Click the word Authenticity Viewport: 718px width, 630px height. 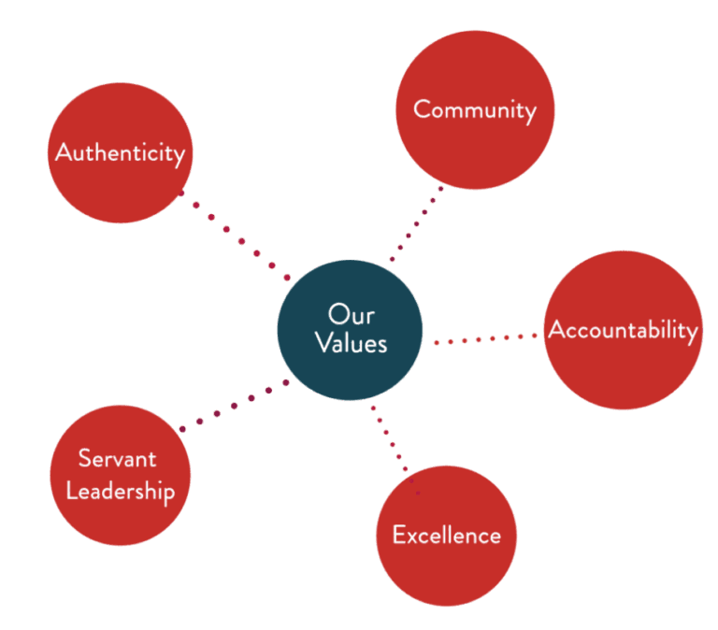[120, 152]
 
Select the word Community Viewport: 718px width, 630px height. [475, 109]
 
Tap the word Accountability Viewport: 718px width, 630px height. [623, 330]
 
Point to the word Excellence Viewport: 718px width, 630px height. [446, 535]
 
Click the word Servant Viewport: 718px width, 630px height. [117, 458]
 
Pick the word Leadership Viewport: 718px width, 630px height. [120, 491]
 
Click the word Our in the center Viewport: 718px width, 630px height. [352, 314]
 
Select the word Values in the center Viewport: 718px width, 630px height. [352, 343]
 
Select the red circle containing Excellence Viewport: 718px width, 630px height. [446, 570]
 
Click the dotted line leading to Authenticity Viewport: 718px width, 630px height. [234, 234]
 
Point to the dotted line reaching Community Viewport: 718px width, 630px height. [417, 224]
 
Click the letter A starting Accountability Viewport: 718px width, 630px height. [557, 330]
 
